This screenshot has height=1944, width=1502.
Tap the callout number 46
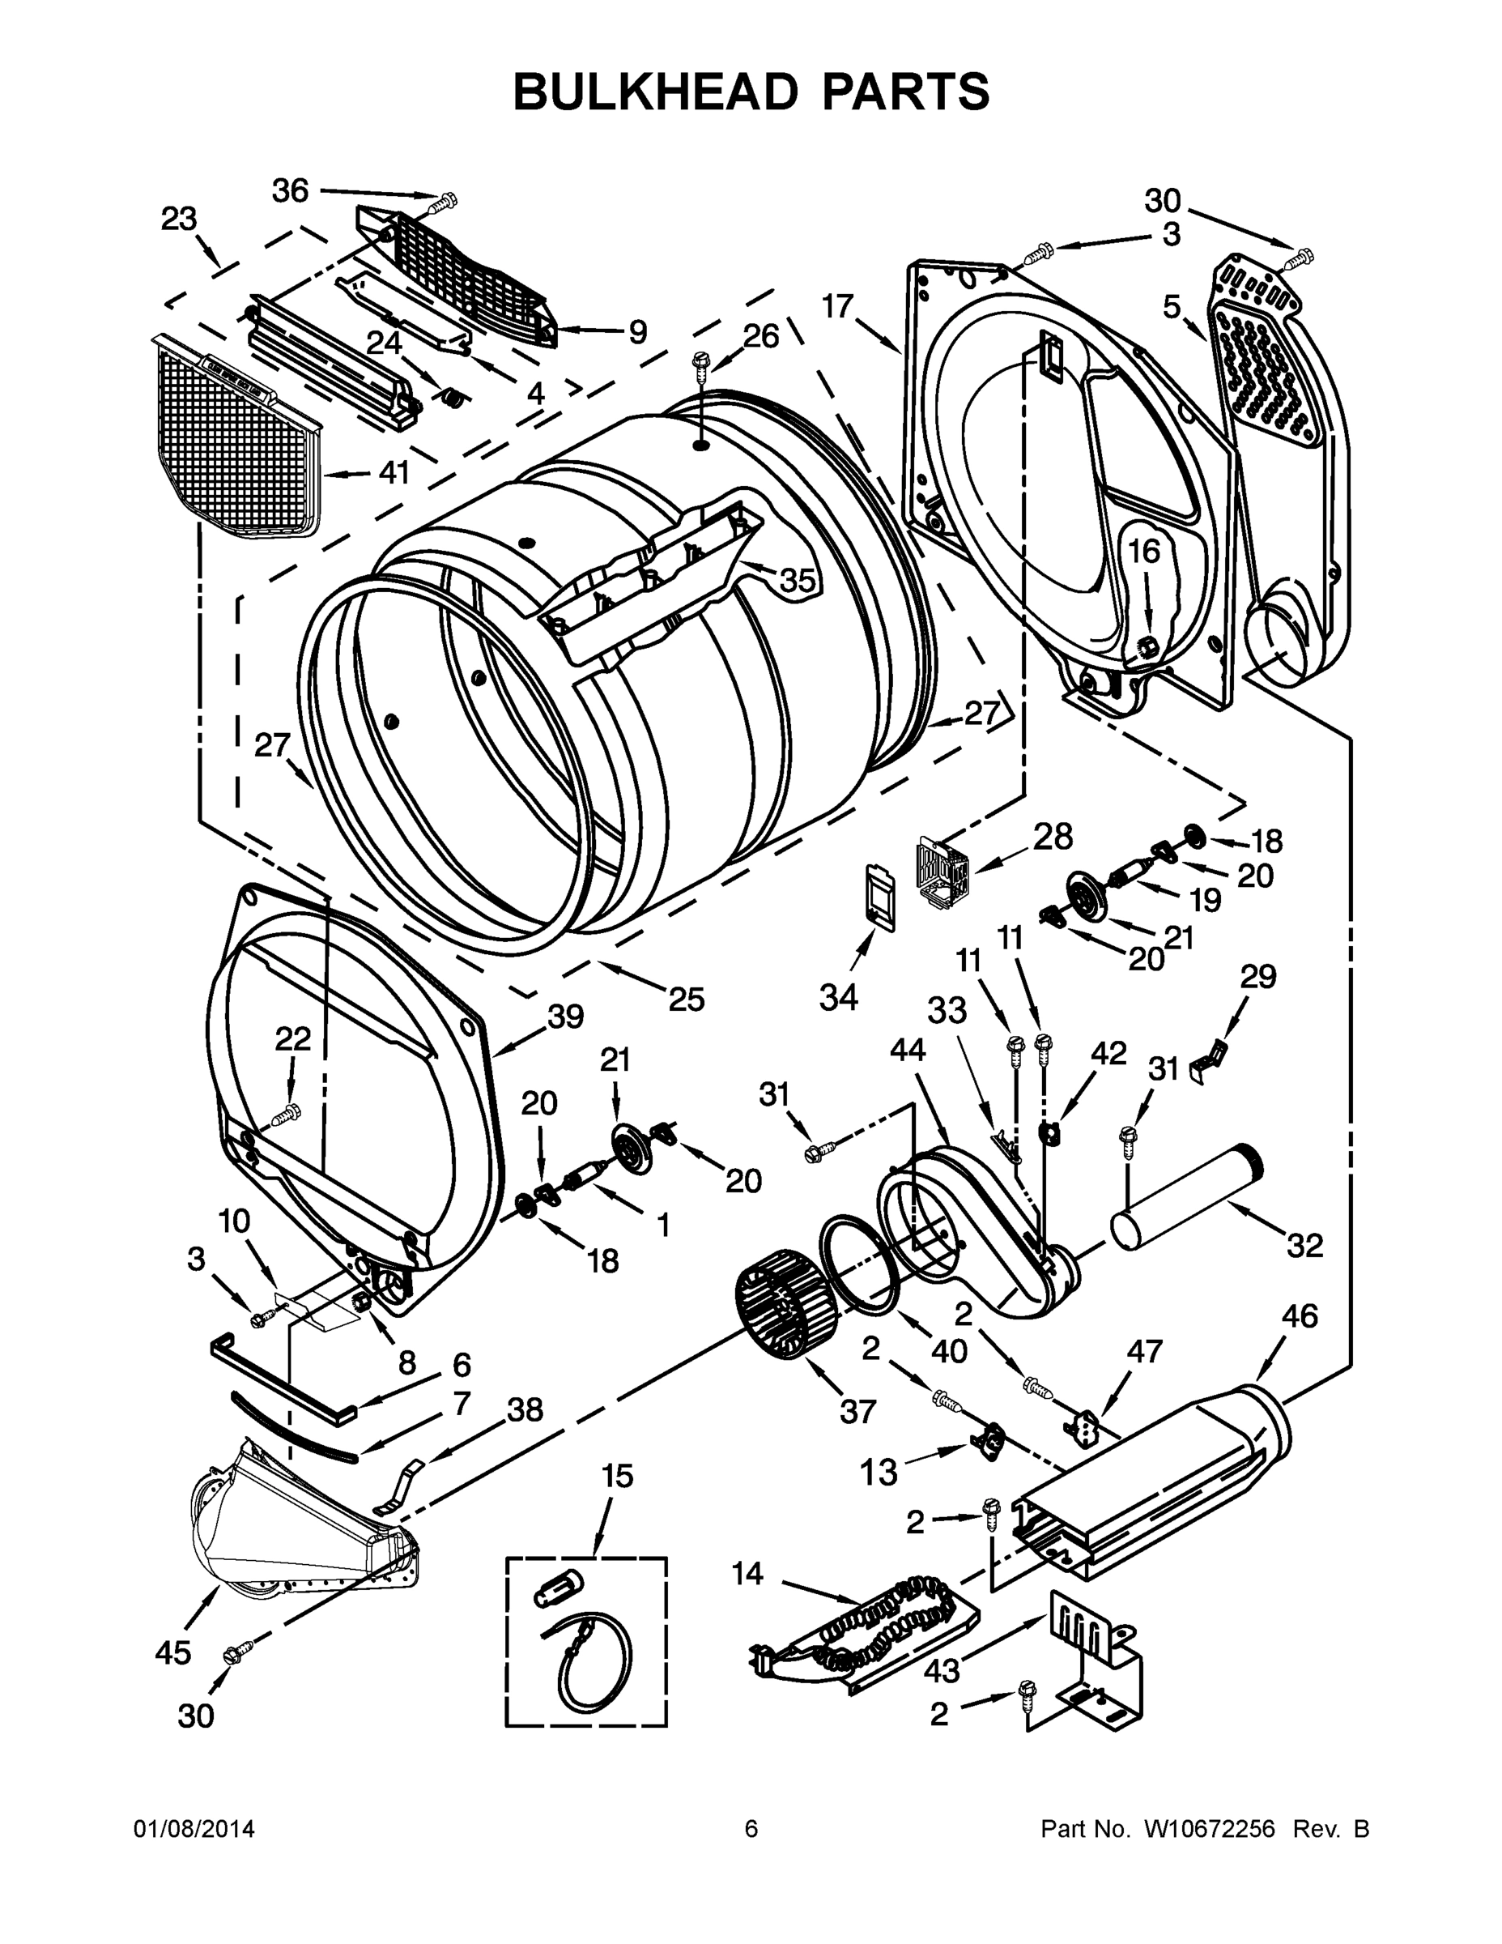(1299, 1315)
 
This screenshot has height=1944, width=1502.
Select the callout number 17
(837, 307)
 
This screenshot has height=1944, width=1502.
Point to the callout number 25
(686, 1000)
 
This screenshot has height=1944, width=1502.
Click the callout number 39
(566, 1017)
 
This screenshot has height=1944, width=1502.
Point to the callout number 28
(1053, 837)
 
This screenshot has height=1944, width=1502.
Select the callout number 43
(942, 1671)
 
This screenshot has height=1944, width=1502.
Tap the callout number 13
(879, 1473)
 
